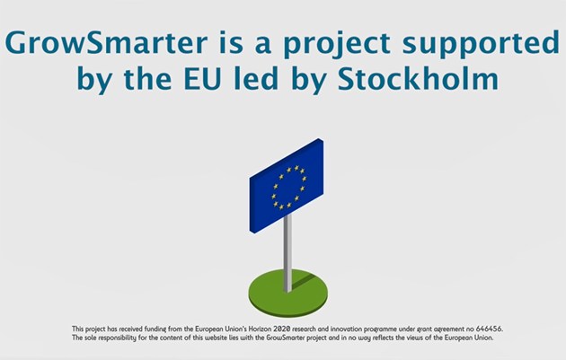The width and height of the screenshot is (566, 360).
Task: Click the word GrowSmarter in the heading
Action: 106,43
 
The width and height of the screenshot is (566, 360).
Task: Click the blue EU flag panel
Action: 287,186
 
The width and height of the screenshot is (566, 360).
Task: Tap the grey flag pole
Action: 287,252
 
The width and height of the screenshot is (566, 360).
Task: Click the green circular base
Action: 288,293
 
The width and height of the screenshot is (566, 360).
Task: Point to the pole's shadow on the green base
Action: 304,281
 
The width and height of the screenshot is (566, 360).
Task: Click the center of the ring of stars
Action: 288,188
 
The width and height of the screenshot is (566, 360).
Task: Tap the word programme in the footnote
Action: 380,329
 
